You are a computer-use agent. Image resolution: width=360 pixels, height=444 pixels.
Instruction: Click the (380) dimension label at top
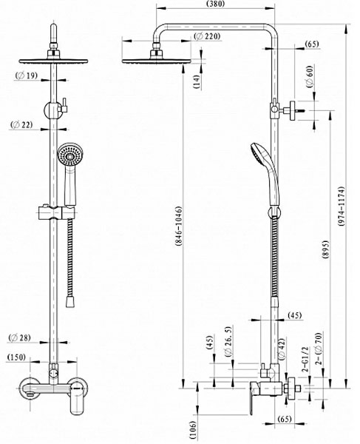[216, 4]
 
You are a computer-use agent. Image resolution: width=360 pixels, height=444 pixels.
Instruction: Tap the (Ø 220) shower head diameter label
[208, 36]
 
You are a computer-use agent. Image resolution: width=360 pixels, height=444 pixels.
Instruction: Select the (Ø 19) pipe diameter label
[27, 75]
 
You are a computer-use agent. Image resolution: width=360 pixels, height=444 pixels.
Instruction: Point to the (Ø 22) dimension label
[21, 124]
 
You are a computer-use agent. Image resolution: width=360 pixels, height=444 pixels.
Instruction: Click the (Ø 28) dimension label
[19, 337]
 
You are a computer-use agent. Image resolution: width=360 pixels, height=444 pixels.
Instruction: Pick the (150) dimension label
[16, 357]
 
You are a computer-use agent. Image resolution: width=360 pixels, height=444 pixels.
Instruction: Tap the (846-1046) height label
[178, 227]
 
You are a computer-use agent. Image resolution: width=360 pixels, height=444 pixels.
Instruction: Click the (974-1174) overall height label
[342, 206]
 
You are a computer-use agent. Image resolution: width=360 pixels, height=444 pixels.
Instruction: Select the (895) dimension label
[325, 250]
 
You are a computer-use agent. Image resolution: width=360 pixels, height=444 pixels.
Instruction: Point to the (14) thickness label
[197, 82]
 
